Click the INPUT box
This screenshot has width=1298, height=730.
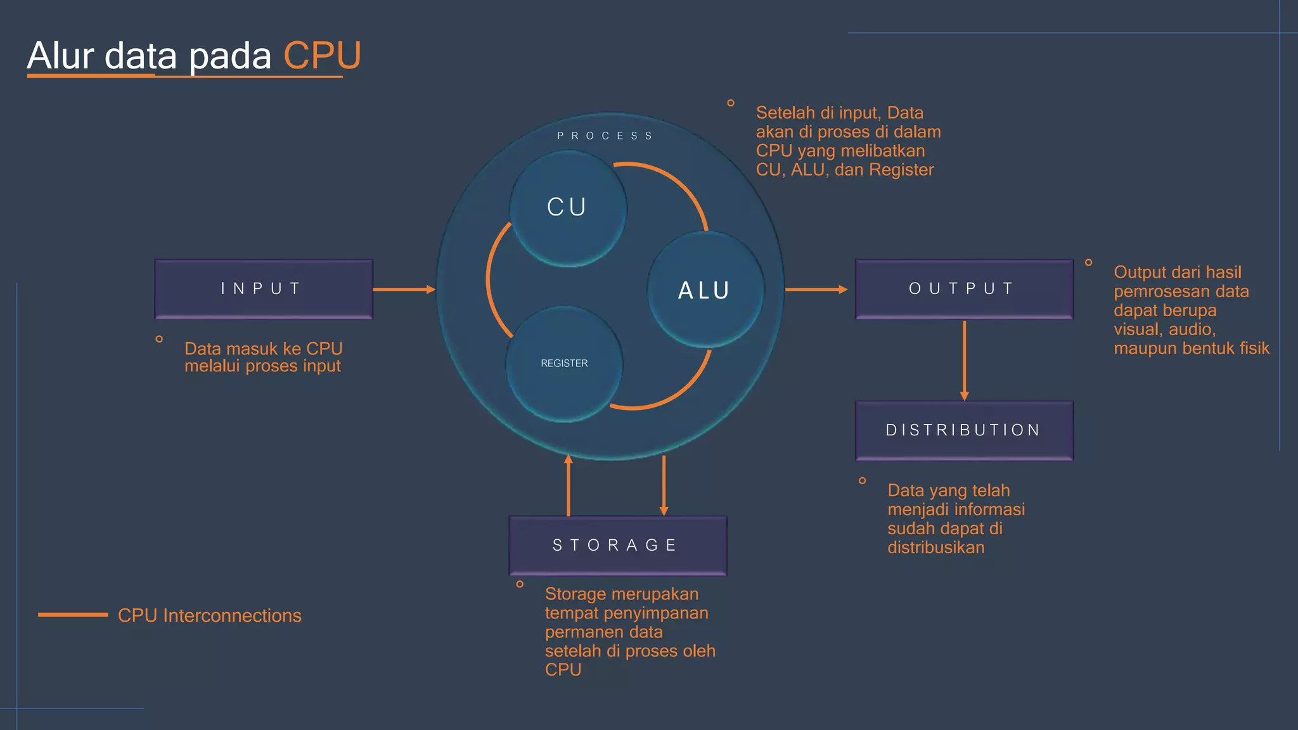point(264,289)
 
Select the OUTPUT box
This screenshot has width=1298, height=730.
point(963,289)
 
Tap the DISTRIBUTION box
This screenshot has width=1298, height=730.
point(963,430)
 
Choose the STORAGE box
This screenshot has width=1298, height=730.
point(617,545)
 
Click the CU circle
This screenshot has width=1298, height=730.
point(567,208)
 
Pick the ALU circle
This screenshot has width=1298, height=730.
point(705,290)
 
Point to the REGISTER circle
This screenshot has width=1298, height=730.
point(564,364)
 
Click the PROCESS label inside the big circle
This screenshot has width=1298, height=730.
point(605,136)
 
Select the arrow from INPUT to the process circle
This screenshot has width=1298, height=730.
point(404,290)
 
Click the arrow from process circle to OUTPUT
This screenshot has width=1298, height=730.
point(816,290)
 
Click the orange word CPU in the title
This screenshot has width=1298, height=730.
point(322,56)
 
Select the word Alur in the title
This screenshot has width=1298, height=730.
point(60,56)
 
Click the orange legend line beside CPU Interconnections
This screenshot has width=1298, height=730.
point(73,615)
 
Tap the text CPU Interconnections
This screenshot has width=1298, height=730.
point(209,615)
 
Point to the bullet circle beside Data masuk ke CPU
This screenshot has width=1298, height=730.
point(159,339)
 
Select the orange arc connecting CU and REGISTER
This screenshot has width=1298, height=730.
point(489,279)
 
